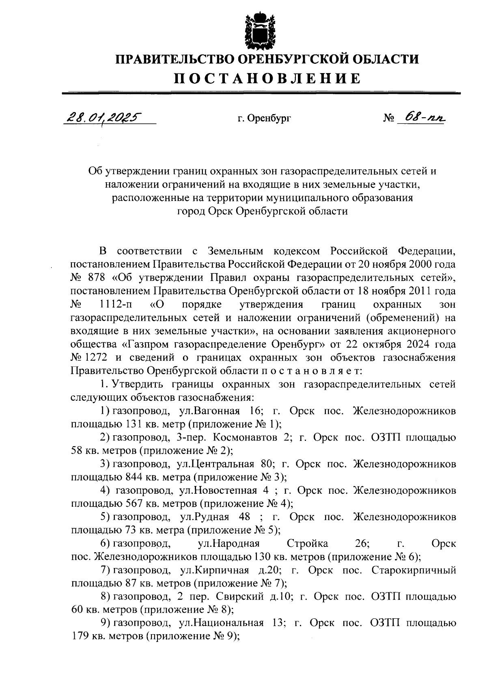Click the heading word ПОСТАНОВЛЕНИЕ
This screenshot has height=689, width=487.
coord(267,78)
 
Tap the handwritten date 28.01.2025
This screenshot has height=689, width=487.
coord(101,118)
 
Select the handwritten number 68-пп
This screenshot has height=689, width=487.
coord(420,118)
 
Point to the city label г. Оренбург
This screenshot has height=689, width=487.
coord(264,119)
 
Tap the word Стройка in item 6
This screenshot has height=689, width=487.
coord(307,544)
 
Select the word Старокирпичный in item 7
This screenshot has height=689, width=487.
coord(414,570)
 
